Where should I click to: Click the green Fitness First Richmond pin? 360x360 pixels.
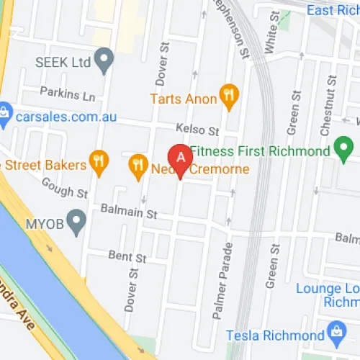343,150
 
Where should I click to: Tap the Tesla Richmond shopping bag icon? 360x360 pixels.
333,333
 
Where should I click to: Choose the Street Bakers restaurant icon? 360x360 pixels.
99,163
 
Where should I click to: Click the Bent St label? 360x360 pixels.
127,256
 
